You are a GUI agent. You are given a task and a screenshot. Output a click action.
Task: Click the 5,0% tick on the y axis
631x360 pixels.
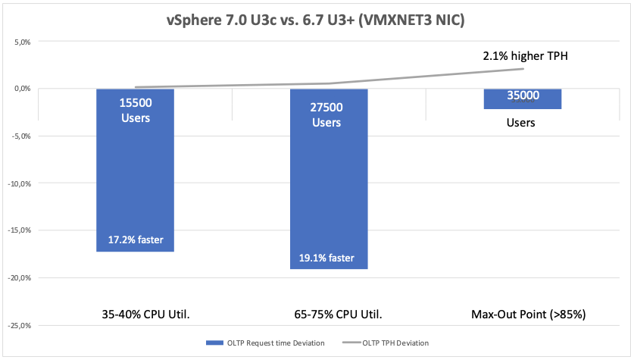(20, 42)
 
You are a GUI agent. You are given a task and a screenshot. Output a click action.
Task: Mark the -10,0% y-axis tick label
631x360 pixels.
(18, 183)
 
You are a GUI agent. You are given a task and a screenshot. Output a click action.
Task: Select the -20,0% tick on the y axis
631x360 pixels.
(18, 278)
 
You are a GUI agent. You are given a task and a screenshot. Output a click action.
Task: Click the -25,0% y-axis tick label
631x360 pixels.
(18, 326)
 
